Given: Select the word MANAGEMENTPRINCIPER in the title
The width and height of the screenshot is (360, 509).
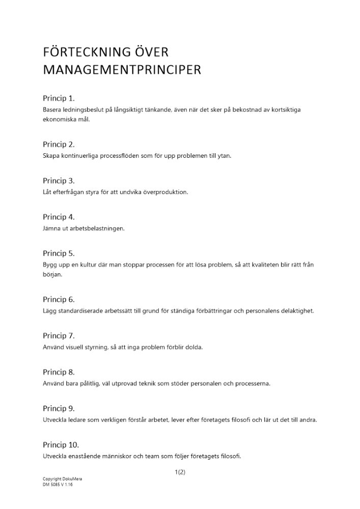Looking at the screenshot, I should tap(122, 70).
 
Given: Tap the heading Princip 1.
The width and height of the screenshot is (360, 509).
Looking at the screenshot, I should tap(59, 98).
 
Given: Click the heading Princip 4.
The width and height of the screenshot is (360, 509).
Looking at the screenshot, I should tap(59, 217).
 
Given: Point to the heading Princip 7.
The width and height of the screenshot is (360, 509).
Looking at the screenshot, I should tap(59, 335).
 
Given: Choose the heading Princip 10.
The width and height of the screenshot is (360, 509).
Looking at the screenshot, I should tap(61, 445).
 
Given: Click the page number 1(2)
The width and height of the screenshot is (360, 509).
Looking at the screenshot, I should tap(180, 472).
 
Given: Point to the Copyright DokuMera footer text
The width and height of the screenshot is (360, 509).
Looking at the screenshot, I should tap(59, 480).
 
